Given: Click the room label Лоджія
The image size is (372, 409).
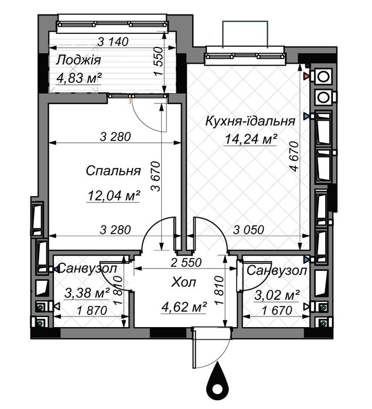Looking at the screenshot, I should [x=79, y=60].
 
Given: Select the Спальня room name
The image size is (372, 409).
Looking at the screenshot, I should [x=113, y=171].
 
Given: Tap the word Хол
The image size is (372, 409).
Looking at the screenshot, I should [x=183, y=283].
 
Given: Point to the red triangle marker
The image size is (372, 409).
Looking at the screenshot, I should [x=306, y=76].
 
